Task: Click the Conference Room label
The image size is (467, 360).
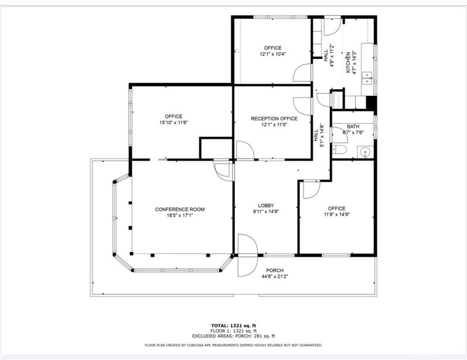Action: point(180,210)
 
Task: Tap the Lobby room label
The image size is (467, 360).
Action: point(266,205)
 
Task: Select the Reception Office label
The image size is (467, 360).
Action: point(274,119)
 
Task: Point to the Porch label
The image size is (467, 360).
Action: point(275,270)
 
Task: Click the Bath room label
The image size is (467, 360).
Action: point(353,127)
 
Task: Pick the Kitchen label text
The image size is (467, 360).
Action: point(347,63)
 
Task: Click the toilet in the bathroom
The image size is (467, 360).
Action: point(339,150)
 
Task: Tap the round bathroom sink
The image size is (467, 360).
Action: point(365,152)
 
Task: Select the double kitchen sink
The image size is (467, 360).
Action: point(368,78)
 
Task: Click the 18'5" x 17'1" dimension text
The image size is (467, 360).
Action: point(180,216)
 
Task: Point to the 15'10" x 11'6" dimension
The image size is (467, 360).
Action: point(173,122)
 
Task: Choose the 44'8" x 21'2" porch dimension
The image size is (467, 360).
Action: point(275,276)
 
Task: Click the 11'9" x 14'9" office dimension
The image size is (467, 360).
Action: point(337,214)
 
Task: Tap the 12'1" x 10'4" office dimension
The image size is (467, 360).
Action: point(273,54)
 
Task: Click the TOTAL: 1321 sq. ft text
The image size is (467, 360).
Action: point(233,325)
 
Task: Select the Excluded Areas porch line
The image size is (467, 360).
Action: point(233,336)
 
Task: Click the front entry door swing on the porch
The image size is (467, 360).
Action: point(248,255)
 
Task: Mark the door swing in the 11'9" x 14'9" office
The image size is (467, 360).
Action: point(311,189)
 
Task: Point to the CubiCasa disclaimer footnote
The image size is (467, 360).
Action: point(233,345)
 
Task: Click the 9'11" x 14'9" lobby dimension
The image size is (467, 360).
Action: point(266,212)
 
